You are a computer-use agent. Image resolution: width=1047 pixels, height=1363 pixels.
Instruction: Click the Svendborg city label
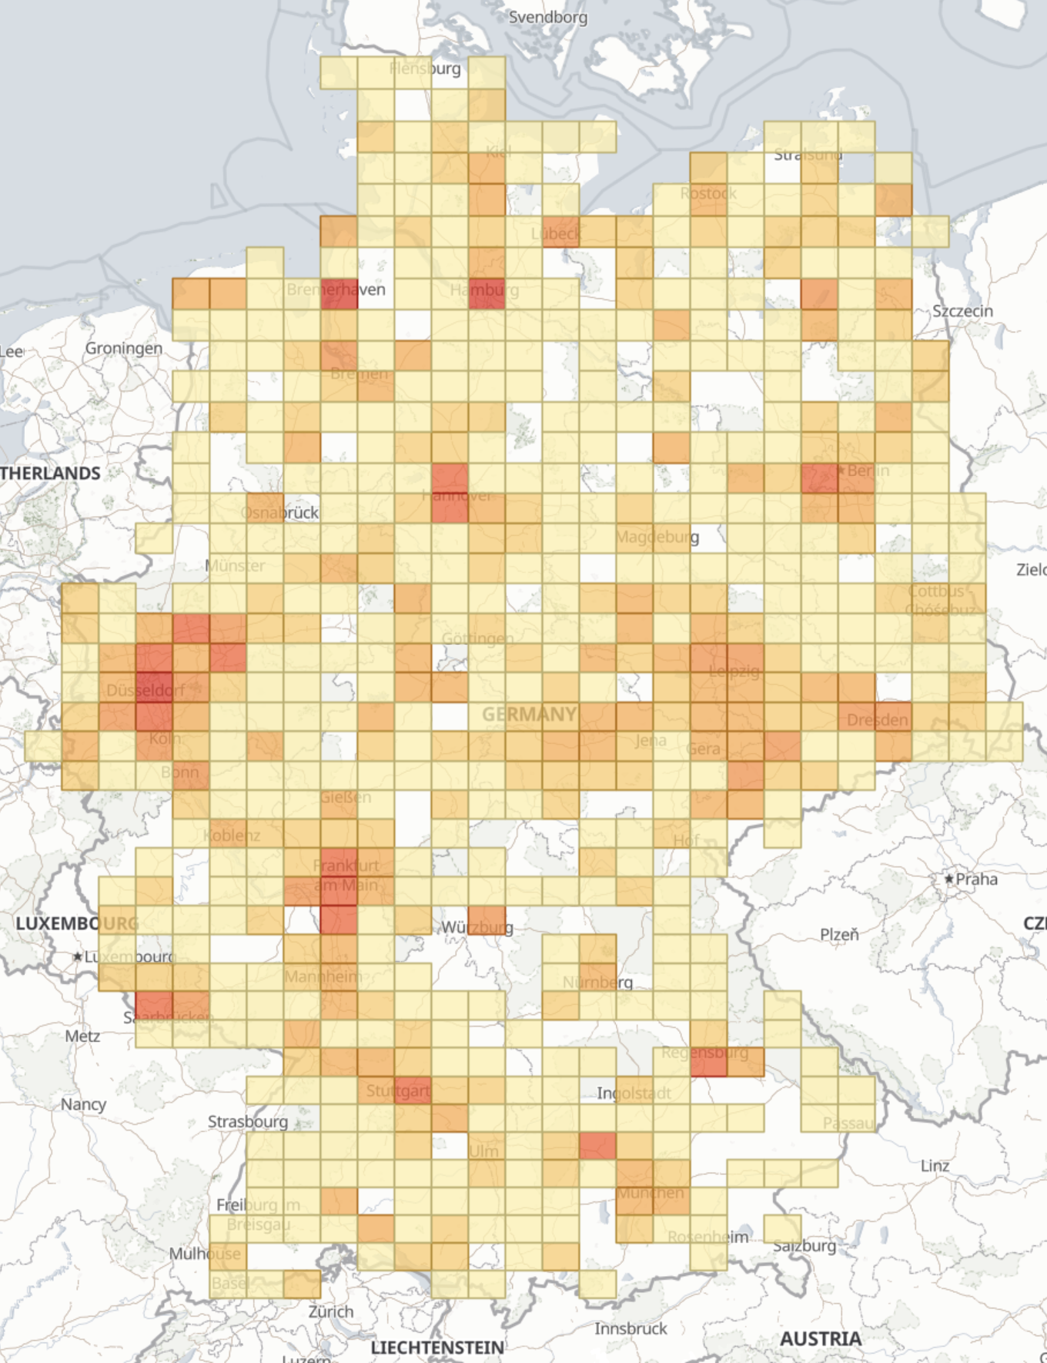(x=547, y=17)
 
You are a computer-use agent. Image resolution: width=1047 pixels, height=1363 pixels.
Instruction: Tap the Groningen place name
(x=123, y=348)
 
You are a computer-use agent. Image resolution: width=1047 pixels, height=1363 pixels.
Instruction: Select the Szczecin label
(x=962, y=311)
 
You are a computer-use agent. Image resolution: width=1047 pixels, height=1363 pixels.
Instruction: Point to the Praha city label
(x=976, y=879)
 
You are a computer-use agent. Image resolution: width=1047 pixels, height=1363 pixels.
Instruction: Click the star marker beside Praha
(x=949, y=879)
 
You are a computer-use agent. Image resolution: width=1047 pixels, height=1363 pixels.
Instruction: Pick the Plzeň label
(x=838, y=934)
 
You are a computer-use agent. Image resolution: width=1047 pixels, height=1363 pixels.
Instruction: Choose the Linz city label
(x=935, y=1165)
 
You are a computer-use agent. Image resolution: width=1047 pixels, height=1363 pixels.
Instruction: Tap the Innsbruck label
(x=631, y=1328)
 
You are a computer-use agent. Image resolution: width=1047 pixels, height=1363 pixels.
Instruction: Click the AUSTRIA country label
(x=820, y=1338)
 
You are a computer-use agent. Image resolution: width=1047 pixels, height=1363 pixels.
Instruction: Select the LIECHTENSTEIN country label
(x=437, y=1347)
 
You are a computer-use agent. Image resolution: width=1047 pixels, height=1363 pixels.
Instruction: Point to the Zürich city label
(x=331, y=1311)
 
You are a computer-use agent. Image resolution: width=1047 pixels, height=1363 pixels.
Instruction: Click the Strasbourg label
(x=248, y=1121)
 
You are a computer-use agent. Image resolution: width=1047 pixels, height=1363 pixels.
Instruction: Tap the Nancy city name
(x=83, y=1103)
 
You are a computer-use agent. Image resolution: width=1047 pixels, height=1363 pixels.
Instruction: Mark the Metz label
(x=82, y=1036)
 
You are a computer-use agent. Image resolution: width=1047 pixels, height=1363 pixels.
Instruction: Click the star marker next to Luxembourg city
(x=77, y=956)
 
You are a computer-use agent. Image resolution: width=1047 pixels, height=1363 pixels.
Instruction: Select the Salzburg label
(x=804, y=1245)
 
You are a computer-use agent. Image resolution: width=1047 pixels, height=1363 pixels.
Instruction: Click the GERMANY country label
(x=529, y=715)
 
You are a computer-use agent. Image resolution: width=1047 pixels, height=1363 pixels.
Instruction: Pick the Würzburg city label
(x=477, y=926)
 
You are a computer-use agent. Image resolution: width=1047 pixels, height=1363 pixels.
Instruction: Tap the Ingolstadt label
(x=634, y=1093)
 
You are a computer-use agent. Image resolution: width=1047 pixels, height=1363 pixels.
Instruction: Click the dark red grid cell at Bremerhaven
(x=339, y=293)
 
